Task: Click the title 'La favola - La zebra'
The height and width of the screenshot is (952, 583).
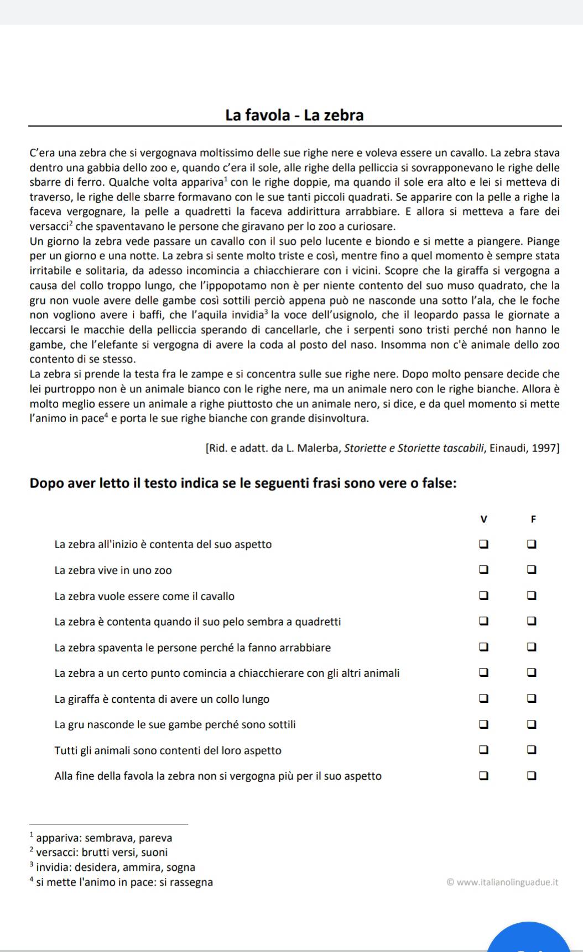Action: tap(294, 115)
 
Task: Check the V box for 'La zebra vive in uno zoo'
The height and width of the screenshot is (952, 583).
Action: tap(483, 570)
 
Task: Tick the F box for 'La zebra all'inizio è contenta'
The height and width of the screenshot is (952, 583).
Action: tap(532, 544)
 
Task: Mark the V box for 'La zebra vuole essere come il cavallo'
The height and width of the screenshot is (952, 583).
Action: tap(483, 596)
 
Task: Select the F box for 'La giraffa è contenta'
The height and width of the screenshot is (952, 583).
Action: tap(532, 698)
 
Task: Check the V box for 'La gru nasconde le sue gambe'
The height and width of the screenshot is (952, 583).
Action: tap(483, 724)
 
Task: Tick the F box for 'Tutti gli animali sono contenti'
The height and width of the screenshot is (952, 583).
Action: tap(532, 750)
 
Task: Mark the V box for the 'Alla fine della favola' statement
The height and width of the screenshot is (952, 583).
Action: tap(483, 775)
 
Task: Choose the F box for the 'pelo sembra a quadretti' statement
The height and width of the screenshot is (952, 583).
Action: tap(532, 621)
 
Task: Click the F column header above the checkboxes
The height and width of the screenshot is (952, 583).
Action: tap(533, 519)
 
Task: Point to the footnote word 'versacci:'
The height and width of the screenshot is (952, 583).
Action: tap(56, 853)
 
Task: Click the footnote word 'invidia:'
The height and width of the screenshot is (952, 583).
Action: tap(54, 867)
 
